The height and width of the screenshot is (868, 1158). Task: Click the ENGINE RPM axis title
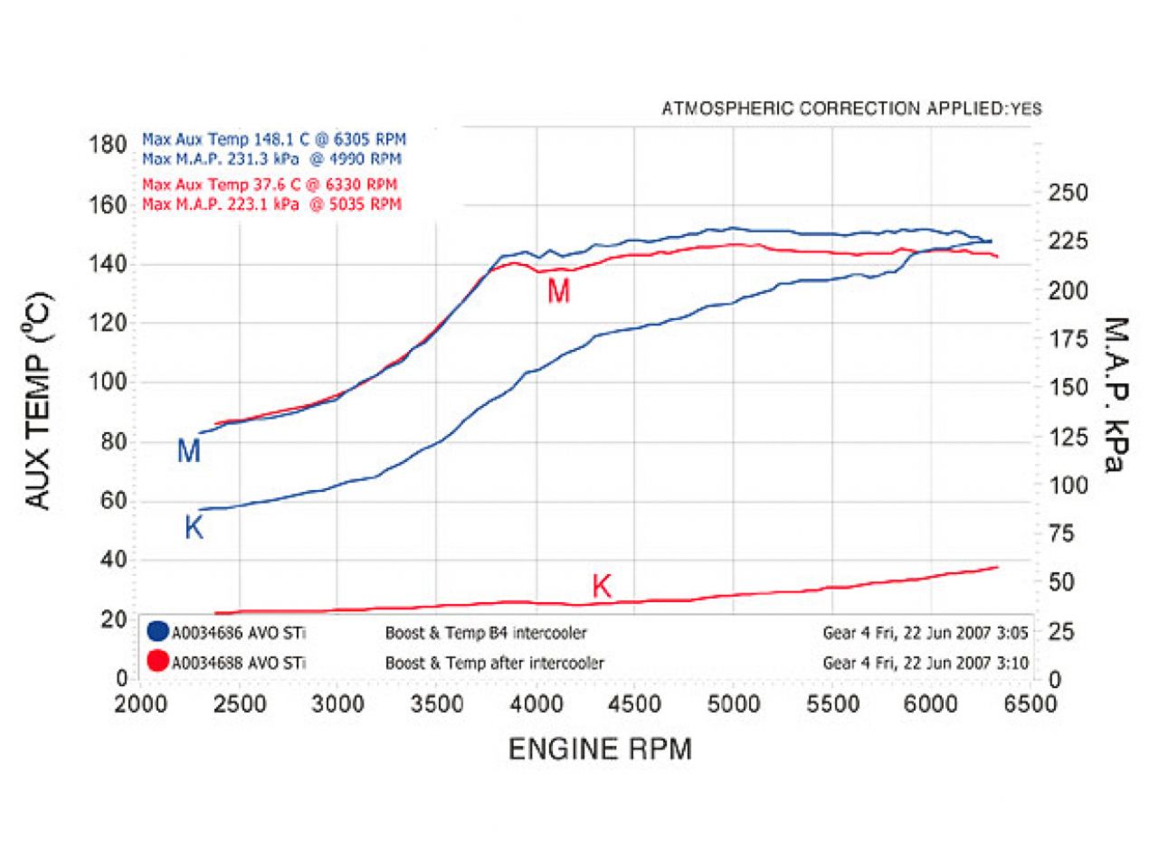click(x=600, y=750)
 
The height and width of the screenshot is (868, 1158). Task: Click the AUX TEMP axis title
click(x=39, y=401)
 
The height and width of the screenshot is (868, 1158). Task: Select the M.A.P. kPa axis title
click(x=1115, y=394)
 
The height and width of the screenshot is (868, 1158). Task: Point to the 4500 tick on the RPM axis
click(x=634, y=704)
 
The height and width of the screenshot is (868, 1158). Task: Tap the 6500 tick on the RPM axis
click(x=1030, y=704)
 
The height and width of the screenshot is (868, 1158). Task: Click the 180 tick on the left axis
click(x=108, y=145)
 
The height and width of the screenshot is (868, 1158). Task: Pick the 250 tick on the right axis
click(x=1068, y=193)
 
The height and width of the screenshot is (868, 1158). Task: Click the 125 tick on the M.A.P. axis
click(x=1068, y=437)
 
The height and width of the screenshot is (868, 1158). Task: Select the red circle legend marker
click(x=157, y=662)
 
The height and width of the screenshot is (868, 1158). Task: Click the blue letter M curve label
click(x=188, y=450)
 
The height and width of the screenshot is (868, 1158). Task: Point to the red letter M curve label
click(x=558, y=291)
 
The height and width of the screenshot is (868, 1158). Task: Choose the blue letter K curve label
click(x=194, y=528)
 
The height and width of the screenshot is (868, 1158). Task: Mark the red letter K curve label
click(x=602, y=587)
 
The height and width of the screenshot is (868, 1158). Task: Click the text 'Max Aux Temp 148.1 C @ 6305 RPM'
click(x=274, y=140)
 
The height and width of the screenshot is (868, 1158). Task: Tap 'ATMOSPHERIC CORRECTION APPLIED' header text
click(x=833, y=109)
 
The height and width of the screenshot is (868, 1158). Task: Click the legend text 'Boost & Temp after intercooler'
click(x=494, y=663)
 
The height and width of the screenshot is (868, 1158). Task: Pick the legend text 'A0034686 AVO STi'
click(x=239, y=633)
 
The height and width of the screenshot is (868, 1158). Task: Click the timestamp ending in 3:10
click(x=925, y=663)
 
